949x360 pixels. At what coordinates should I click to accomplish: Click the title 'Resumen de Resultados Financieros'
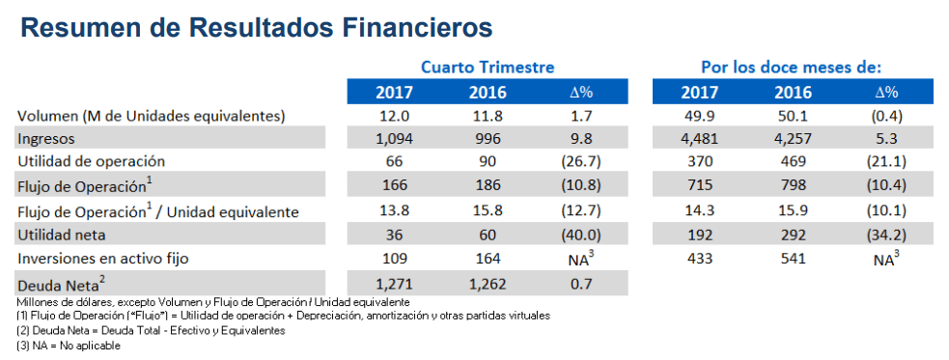(x=257, y=28)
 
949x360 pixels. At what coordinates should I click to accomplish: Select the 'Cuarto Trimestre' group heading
(x=488, y=67)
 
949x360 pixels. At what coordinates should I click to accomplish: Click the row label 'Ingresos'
(x=46, y=139)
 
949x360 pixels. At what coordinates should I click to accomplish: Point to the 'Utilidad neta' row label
(x=58, y=235)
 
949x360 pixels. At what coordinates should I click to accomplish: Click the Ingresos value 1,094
(x=394, y=139)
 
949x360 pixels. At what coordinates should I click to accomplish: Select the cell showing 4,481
(x=700, y=139)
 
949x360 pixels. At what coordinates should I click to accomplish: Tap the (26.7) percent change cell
(x=580, y=161)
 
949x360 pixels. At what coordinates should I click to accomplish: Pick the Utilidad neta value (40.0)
(x=580, y=235)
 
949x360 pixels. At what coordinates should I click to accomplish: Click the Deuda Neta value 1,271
(x=394, y=283)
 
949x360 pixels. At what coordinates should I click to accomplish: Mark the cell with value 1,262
(x=488, y=283)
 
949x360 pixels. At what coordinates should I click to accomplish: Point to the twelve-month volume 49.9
(x=700, y=115)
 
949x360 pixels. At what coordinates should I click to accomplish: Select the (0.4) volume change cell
(x=886, y=115)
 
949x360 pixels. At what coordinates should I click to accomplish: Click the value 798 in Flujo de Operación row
(x=794, y=185)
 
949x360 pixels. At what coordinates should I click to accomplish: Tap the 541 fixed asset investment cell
(x=794, y=259)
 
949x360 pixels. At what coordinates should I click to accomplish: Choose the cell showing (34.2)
(x=886, y=235)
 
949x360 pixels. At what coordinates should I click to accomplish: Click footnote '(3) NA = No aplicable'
(x=69, y=346)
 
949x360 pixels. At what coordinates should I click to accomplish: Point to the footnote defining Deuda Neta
(x=151, y=331)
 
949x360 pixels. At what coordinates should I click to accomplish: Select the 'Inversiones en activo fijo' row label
(x=103, y=259)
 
